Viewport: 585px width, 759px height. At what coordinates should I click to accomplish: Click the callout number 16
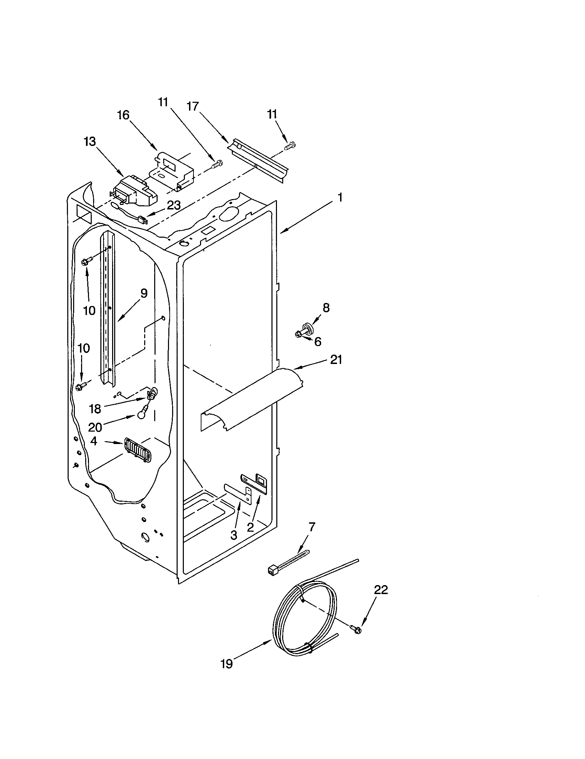pyautogui.click(x=123, y=115)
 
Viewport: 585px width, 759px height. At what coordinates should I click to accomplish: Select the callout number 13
pyautogui.click(x=90, y=142)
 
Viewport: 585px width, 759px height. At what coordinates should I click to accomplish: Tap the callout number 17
pyautogui.click(x=192, y=106)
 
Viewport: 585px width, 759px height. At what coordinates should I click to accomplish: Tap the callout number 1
pyautogui.click(x=340, y=198)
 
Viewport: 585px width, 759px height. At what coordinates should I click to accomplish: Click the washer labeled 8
pyautogui.click(x=307, y=327)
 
